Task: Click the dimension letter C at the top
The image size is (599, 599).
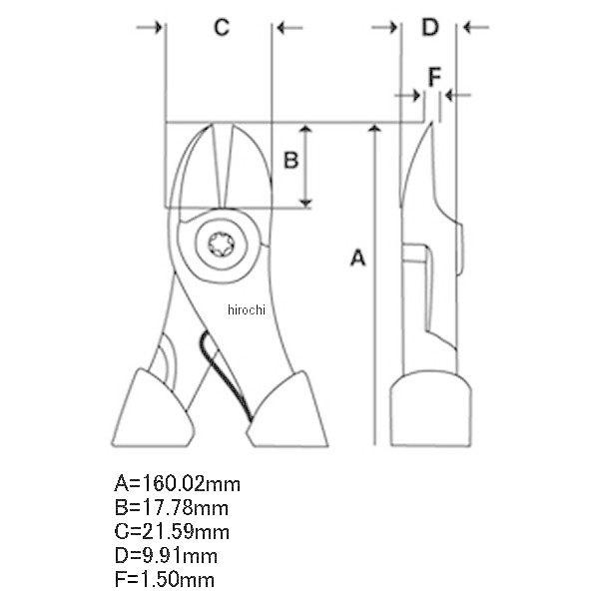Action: coord(222,28)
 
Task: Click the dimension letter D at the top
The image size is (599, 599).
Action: coord(430,28)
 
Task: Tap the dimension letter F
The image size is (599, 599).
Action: coord(434,77)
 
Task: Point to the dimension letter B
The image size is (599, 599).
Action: coord(292,160)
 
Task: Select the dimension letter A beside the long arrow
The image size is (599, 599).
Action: coord(358,258)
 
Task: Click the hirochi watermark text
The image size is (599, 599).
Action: coord(246,309)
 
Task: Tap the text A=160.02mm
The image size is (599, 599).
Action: coord(178,484)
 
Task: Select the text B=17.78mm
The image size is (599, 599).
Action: coord(172,508)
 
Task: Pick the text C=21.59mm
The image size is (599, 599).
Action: coord(172,532)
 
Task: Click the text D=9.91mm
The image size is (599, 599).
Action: coord(166,556)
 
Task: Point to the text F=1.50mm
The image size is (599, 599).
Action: coord(165,579)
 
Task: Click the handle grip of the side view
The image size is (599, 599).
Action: coord(430,408)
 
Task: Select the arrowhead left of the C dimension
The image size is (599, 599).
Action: coord(158,28)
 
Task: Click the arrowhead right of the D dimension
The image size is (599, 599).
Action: coord(467,28)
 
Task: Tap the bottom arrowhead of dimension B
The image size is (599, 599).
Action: coord(305,203)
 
